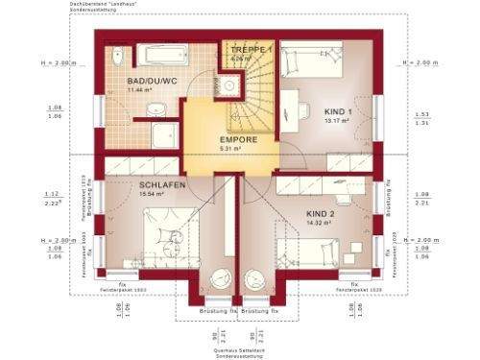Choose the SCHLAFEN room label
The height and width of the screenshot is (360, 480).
coord(160,184)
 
